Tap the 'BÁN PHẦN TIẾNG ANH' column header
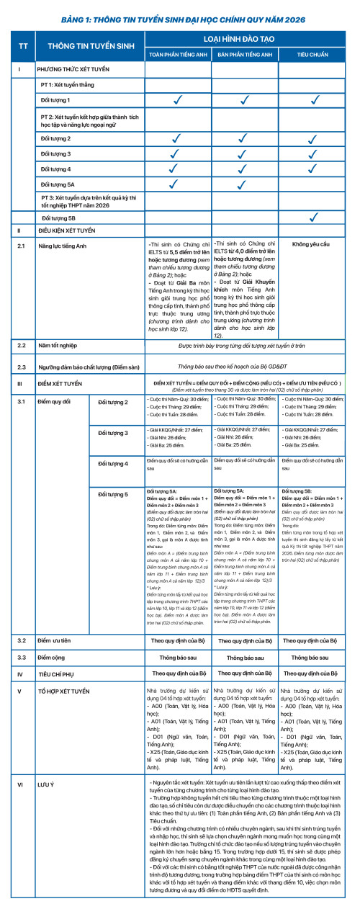pyautogui.click(x=245, y=54)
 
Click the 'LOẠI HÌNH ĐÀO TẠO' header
pyautogui.click(x=245, y=37)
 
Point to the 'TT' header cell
pyautogui.click(x=22, y=45)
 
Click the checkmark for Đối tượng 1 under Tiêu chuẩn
pyautogui.click(x=314, y=99)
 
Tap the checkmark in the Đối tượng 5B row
pyautogui.click(x=314, y=217)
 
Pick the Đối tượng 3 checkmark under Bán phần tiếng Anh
pyautogui.click(x=245, y=153)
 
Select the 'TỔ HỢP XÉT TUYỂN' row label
pyautogui.click(x=64, y=691)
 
